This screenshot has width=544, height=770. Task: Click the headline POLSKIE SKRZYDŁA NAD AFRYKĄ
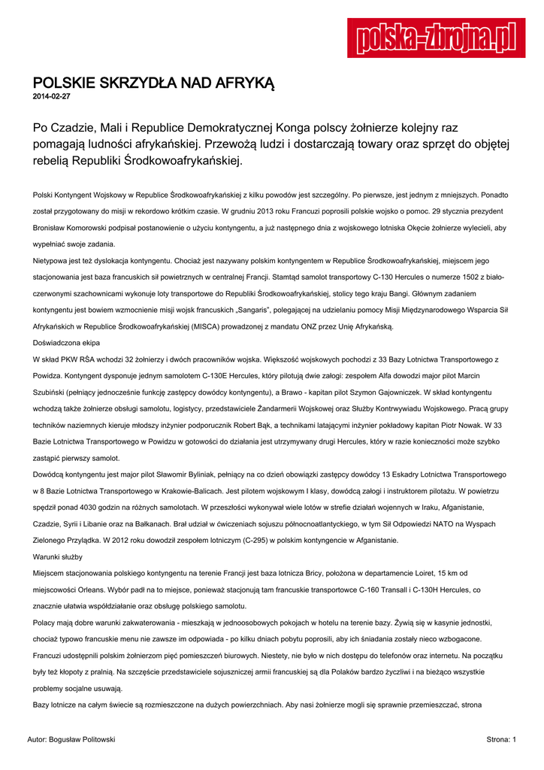pos(154,83)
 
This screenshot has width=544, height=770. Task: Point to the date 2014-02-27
pos(51,97)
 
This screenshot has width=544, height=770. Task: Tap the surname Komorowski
pos(94,227)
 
